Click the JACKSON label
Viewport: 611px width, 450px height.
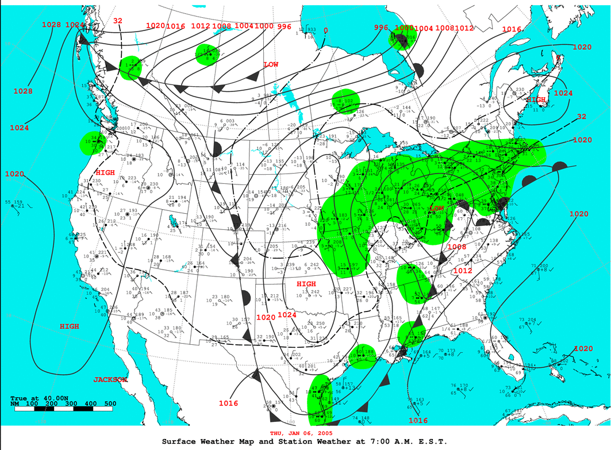110,379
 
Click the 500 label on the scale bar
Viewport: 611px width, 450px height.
110,404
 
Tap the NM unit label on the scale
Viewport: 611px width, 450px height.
15,404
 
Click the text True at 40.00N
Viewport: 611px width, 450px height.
39,398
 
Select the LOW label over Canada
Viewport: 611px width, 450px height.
271,64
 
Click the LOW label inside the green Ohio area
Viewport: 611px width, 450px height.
437,207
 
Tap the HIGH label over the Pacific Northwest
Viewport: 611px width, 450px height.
105,172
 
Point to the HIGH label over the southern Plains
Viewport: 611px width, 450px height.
306,284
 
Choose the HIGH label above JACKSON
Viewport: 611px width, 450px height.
70,326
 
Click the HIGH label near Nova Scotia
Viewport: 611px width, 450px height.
536,99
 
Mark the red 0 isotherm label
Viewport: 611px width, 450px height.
325,30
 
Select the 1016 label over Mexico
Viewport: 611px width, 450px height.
228,403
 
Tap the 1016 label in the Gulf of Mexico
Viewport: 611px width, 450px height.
418,421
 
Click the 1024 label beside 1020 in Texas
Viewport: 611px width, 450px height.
287,314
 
